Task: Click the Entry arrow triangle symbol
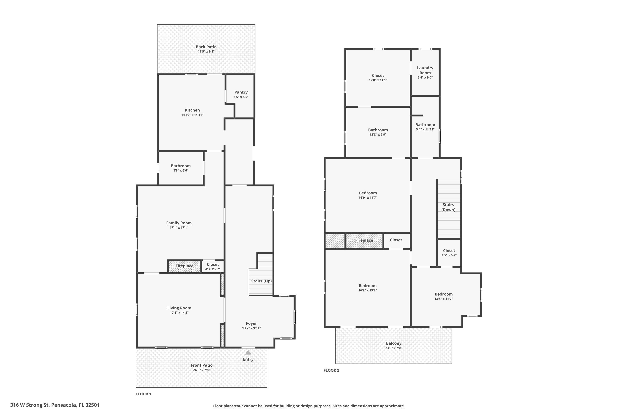click(x=248, y=352)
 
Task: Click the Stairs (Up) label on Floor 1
click(x=261, y=281)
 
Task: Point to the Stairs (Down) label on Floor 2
click(x=448, y=207)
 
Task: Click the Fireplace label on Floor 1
click(x=184, y=266)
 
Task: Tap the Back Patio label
click(x=206, y=47)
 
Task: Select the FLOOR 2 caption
click(x=331, y=370)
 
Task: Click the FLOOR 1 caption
click(x=143, y=394)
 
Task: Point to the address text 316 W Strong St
click(x=55, y=405)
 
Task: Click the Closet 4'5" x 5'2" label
click(x=449, y=251)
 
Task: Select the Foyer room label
click(x=251, y=323)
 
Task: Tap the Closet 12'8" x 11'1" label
click(x=378, y=75)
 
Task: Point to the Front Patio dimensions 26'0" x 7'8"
click(x=201, y=370)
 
